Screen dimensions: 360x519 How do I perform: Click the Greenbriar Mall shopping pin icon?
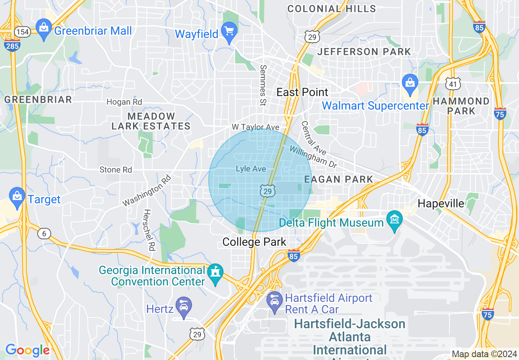43,29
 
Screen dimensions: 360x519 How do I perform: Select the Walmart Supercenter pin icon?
409,82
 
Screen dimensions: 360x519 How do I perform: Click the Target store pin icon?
17,196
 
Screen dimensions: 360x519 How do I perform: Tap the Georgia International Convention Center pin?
215,273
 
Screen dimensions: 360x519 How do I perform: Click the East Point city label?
302,92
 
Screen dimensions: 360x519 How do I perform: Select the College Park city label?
254,242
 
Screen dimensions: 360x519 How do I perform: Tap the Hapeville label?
441,203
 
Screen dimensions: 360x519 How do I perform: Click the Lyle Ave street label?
251,169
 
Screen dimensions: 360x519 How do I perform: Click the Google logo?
27,350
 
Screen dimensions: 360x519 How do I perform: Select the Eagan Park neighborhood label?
338,179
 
